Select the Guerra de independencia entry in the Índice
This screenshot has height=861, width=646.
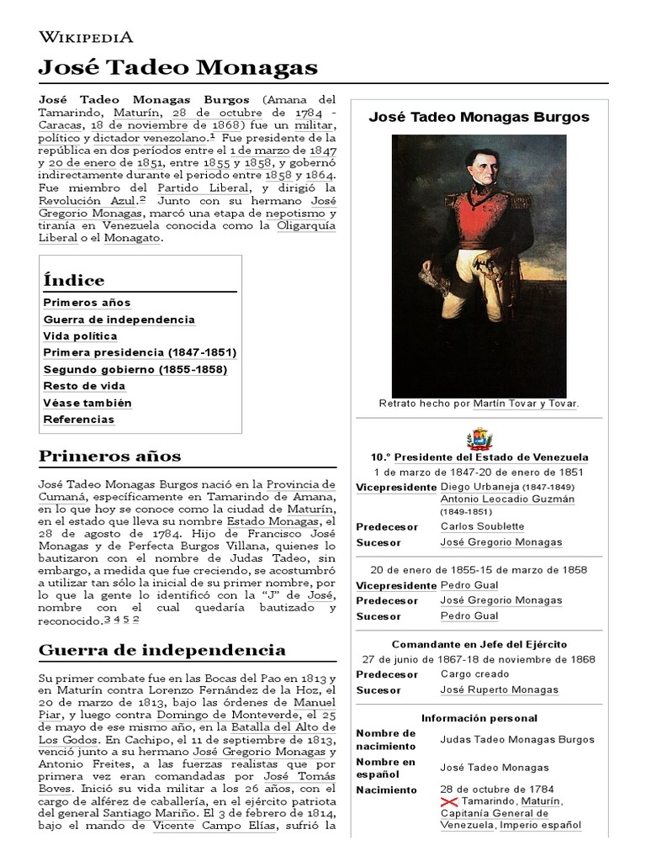[x=119, y=320]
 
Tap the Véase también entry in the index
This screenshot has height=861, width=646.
[x=87, y=403]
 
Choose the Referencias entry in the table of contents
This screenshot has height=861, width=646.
[x=78, y=420]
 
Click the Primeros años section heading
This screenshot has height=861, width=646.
[x=109, y=457]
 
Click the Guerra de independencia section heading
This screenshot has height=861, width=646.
[x=162, y=650]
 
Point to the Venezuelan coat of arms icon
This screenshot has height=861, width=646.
[x=479, y=439]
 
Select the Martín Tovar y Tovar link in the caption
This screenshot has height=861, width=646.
[x=525, y=404]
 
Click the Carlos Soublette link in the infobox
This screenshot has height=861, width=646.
[x=481, y=526]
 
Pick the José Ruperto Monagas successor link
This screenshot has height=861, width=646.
[x=499, y=689]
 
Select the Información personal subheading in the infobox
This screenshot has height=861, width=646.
[x=479, y=718]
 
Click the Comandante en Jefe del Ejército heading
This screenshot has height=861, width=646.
[x=479, y=644]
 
